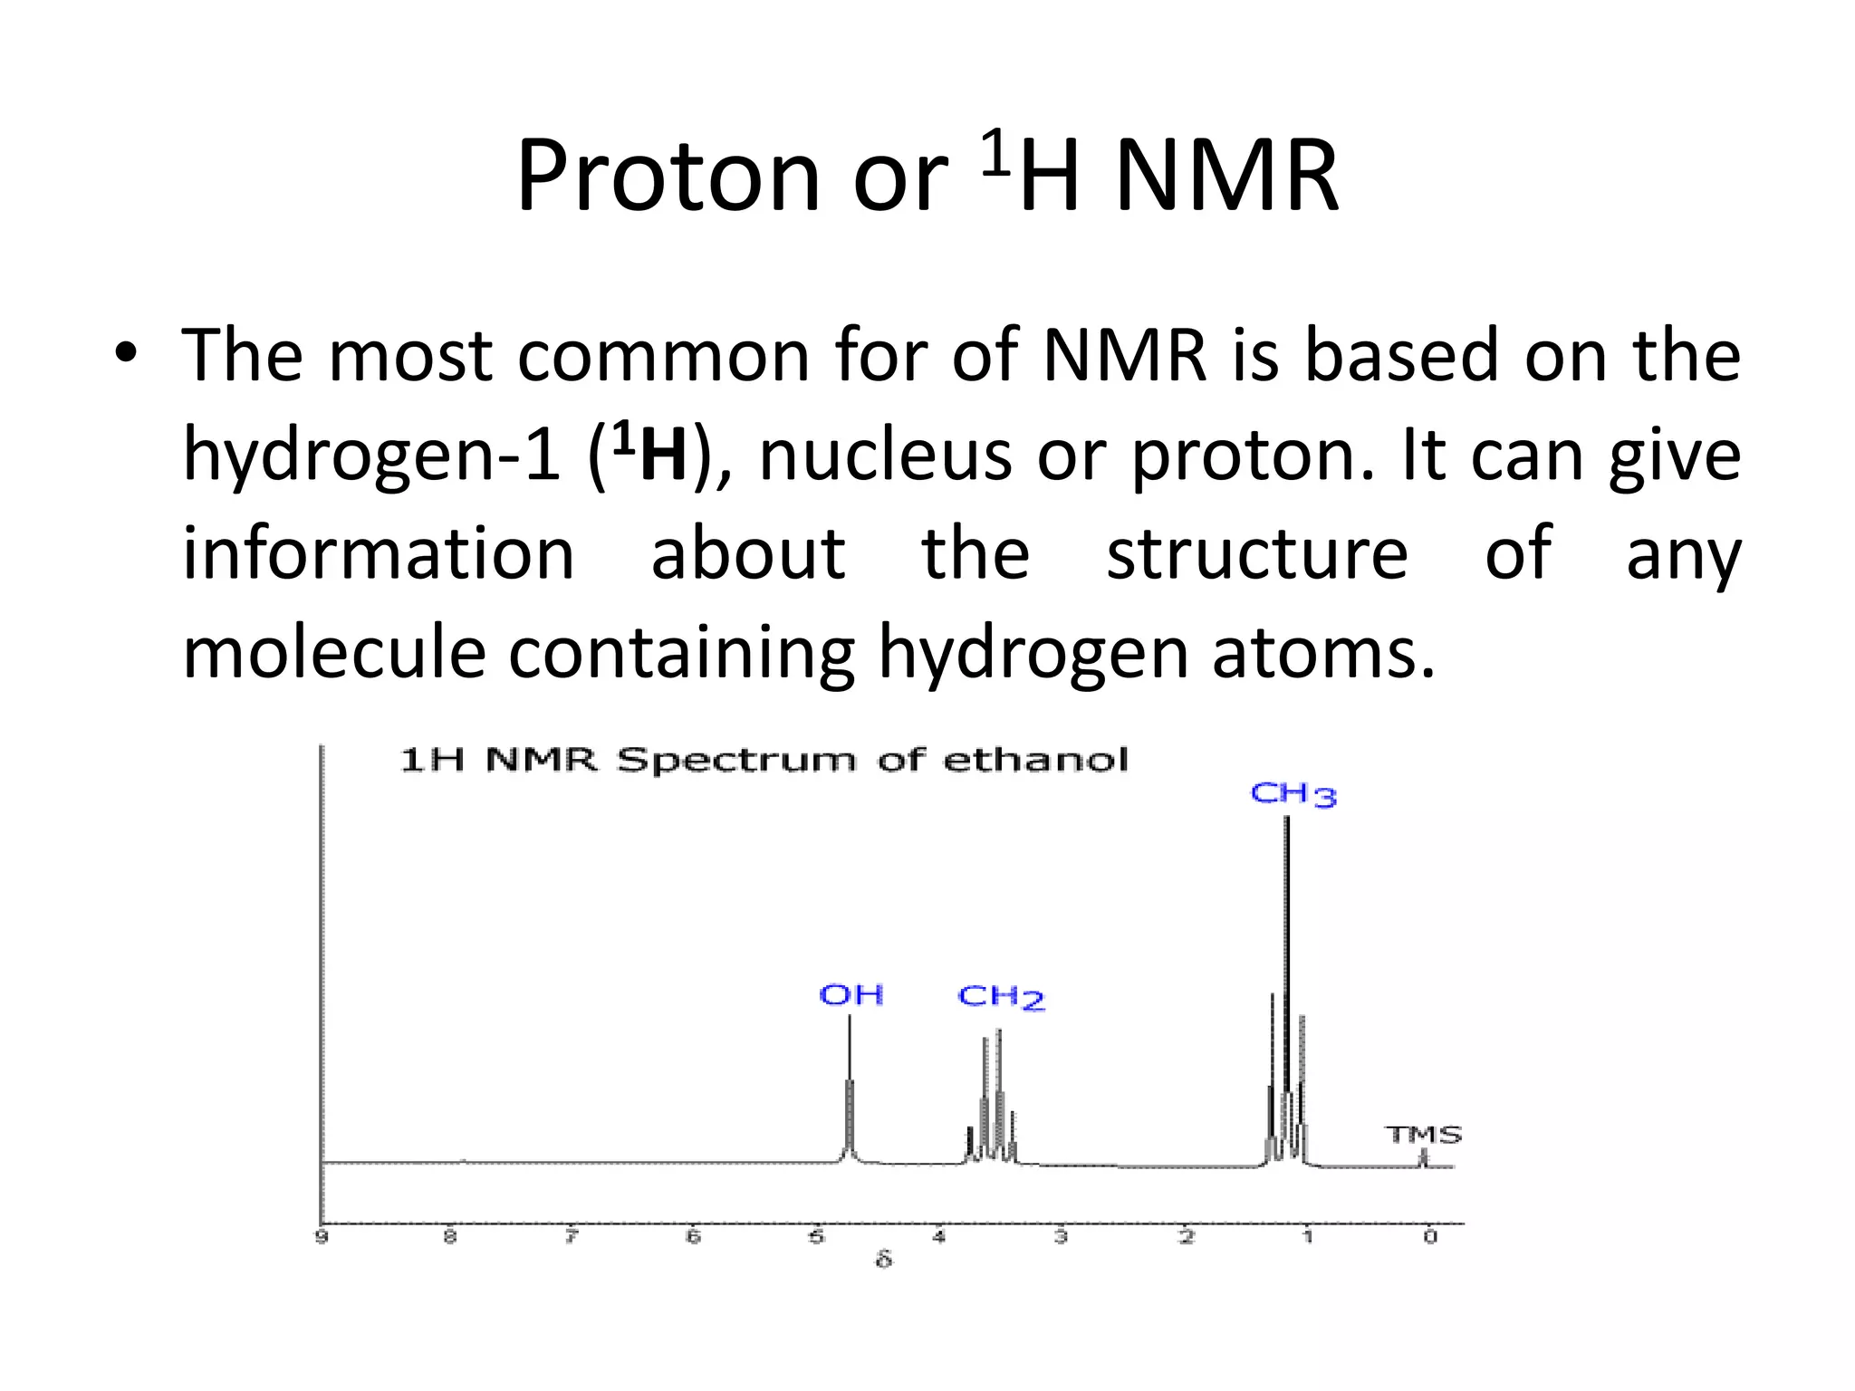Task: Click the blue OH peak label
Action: (x=851, y=995)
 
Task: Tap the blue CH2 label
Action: (x=1001, y=997)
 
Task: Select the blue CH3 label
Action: (x=1293, y=795)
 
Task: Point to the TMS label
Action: (x=1423, y=1135)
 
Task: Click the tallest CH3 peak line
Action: (x=1286, y=951)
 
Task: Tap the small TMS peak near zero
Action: (x=1423, y=1158)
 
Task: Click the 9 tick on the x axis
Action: (x=322, y=1237)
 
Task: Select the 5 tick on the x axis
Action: (x=816, y=1237)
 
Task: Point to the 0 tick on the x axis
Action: (x=1429, y=1237)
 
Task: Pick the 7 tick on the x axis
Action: (x=572, y=1237)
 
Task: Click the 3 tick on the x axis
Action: (x=1061, y=1237)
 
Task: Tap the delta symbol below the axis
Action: (x=884, y=1260)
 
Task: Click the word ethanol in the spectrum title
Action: (x=1036, y=760)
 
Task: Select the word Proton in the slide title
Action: (x=668, y=176)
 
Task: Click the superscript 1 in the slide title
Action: (x=995, y=152)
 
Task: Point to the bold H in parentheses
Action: (x=663, y=455)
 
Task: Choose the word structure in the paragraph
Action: (x=1256, y=553)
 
